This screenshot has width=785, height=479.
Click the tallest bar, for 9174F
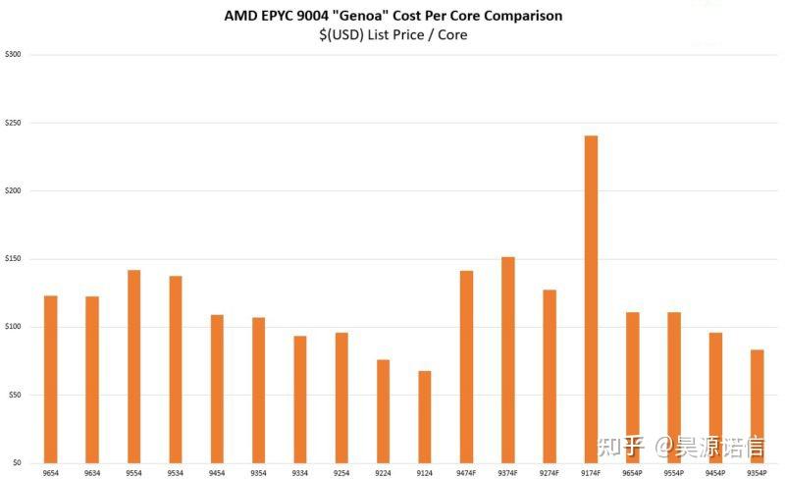[591, 299]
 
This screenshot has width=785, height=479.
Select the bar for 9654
[51, 379]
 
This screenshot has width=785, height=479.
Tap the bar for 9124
[425, 416]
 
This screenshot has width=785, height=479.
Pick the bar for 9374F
[507, 359]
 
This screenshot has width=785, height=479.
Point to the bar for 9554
[133, 366]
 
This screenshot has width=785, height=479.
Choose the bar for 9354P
[757, 405]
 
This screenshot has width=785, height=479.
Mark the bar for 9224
[383, 411]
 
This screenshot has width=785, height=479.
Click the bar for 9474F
[466, 366]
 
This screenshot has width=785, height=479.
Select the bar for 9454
[217, 389]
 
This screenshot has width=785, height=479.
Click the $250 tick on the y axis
[14, 123]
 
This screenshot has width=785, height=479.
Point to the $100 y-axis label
[14, 327]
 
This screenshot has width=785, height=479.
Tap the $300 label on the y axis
[14, 55]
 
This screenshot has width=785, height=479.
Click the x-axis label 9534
[175, 473]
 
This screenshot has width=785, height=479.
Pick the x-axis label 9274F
[549, 473]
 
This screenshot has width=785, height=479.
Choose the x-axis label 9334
[299, 473]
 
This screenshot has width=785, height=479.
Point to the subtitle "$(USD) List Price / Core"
[392, 35]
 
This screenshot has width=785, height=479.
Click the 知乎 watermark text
[622, 448]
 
